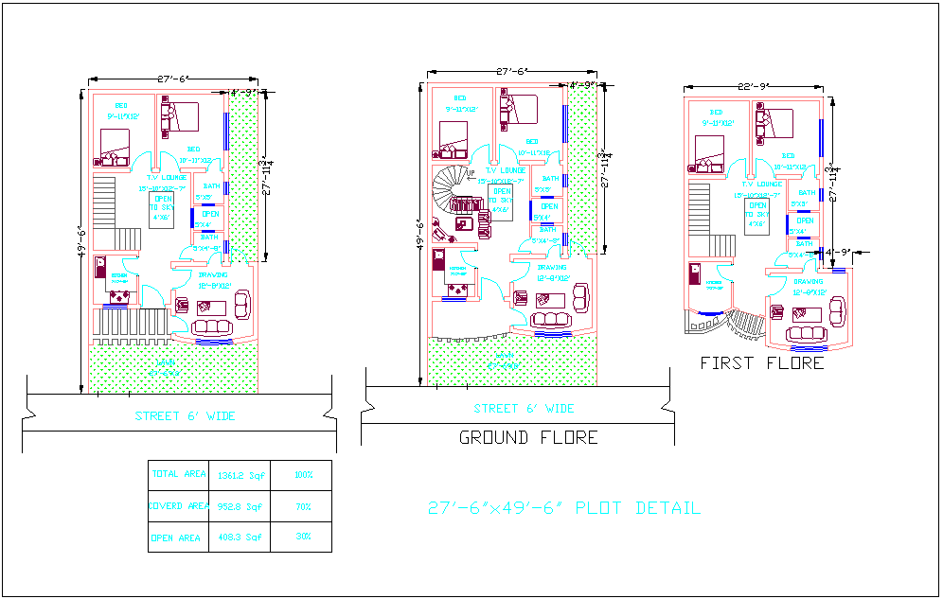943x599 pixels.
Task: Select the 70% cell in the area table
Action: pyautogui.click(x=302, y=506)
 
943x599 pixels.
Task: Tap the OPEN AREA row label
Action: pyautogui.click(x=176, y=537)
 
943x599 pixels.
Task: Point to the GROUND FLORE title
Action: pyautogui.click(x=528, y=437)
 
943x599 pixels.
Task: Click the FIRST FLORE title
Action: pyautogui.click(x=761, y=362)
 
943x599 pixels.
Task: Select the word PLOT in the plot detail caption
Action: pyautogui.click(x=602, y=508)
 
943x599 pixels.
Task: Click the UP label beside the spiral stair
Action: pyautogui.click(x=470, y=174)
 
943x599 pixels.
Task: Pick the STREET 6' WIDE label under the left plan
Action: pyautogui.click(x=185, y=416)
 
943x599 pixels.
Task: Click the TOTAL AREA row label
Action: pyautogui.click(x=179, y=474)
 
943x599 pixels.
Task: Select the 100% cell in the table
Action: pyautogui.click(x=302, y=475)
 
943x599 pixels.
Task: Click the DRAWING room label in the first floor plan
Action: pyautogui.click(x=809, y=281)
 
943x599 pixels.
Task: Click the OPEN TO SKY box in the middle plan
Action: pyautogui.click(x=500, y=201)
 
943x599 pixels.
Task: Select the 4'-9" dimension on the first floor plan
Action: pyautogui.click(x=839, y=253)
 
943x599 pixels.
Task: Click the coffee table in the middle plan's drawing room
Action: pyautogui.click(x=549, y=299)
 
